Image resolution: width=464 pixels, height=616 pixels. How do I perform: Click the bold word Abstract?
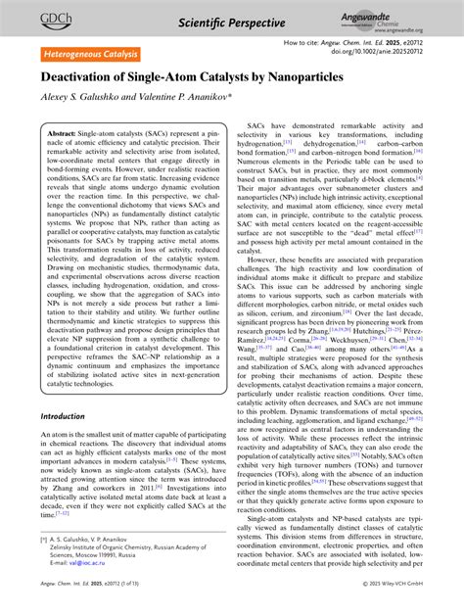click(x=63, y=131)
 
